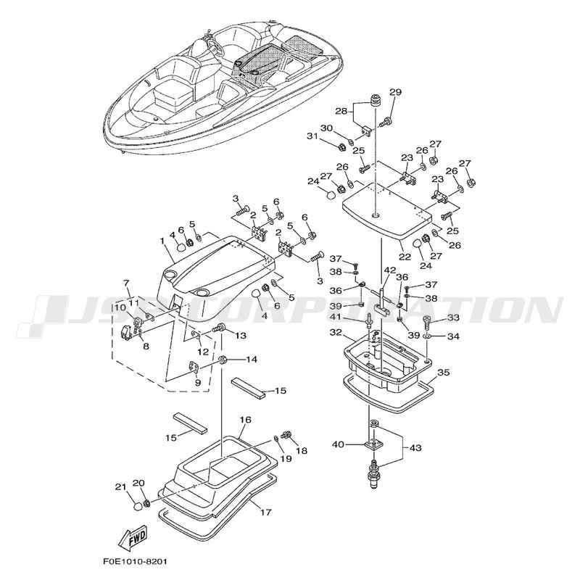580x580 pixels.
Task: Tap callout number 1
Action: (162, 241)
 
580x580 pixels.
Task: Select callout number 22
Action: (405, 257)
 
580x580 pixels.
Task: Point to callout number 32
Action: (336, 333)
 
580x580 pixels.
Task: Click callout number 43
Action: (415, 448)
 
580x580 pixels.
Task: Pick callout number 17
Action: (265, 513)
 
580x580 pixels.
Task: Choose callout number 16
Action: (246, 420)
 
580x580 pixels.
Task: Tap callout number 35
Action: (443, 373)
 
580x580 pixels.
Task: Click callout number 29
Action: (395, 92)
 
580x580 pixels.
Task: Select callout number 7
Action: (126, 284)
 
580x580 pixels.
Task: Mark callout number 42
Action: (390, 270)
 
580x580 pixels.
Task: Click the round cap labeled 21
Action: (137, 506)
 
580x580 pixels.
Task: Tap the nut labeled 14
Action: (223, 360)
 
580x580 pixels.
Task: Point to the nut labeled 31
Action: (341, 147)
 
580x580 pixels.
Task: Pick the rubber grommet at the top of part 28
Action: (376, 100)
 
